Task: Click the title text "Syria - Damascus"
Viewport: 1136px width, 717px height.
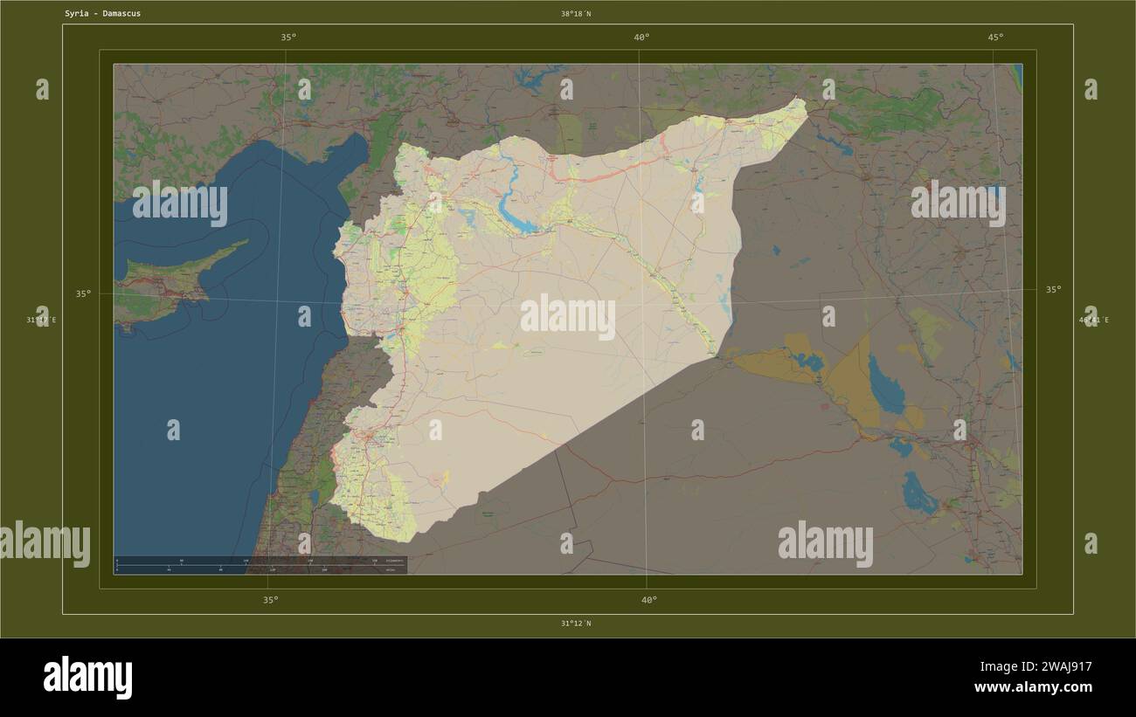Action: pos(102,14)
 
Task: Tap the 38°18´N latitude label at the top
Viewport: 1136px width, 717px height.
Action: pos(576,14)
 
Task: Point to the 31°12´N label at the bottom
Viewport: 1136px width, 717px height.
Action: pos(576,624)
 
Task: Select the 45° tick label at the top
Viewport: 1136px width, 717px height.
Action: pos(995,37)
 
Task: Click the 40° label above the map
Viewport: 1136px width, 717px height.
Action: pos(641,37)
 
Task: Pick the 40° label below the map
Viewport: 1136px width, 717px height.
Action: pos(648,600)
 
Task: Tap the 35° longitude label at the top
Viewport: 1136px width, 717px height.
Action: pos(288,37)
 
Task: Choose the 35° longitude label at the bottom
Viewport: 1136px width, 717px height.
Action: pos(271,600)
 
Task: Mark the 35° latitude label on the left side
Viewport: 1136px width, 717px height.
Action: pos(83,294)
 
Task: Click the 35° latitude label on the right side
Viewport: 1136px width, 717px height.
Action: pos(1054,289)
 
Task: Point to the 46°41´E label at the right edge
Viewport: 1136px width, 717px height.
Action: pos(1093,321)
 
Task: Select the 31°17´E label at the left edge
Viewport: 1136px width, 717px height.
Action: pos(41,321)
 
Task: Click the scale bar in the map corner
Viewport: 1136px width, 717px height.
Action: pos(260,564)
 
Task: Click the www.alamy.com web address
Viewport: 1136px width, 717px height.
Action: pos(1033,687)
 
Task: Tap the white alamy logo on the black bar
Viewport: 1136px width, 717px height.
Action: pos(87,678)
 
